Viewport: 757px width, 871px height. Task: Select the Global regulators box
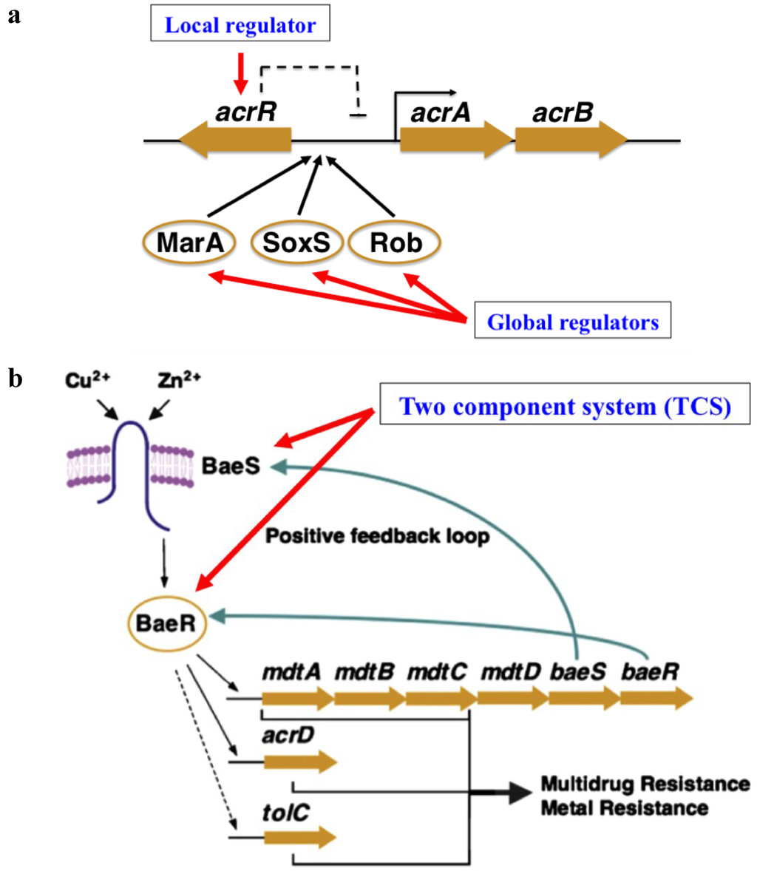572,322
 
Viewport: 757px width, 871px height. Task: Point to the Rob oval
395,243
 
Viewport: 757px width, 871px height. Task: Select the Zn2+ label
179,382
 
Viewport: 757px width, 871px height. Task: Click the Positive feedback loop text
377,535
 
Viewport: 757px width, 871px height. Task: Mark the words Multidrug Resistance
645,784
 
